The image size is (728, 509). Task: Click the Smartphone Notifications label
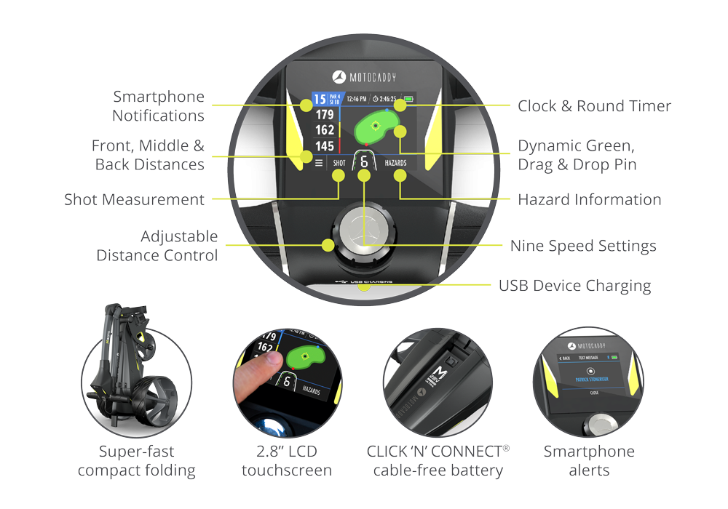coord(158,106)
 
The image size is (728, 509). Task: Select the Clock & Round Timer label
coord(594,106)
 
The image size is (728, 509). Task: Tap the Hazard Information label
coord(589,199)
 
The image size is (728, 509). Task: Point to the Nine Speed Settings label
coord(582,246)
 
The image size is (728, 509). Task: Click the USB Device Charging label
coord(574,286)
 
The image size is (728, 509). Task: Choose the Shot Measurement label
coord(134,199)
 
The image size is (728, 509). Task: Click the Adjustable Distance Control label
coord(157,246)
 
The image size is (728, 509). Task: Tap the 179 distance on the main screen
coord(325,115)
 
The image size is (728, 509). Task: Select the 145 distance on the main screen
coord(325,146)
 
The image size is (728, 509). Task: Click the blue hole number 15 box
coord(319,98)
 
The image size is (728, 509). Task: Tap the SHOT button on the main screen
coord(339,164)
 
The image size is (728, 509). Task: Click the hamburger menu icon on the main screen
coord(319,164)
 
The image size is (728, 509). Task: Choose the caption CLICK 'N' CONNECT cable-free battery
coord(438,461)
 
